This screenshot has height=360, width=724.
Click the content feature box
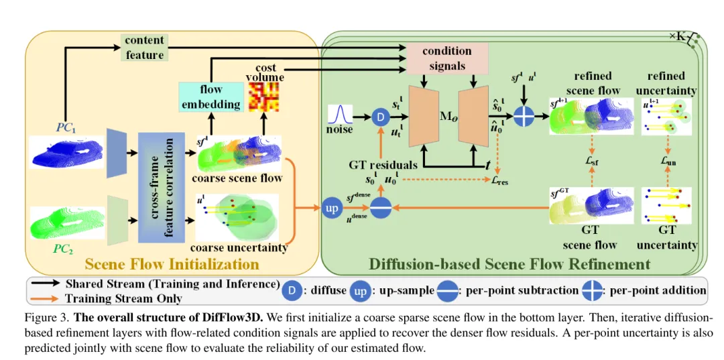tap(145, 47)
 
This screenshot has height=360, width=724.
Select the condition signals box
tap(446, 58)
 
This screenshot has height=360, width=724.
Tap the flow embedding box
tap(211, 97)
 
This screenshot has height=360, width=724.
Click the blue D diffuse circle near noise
tap(381, 117)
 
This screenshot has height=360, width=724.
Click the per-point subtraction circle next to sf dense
tap(380, 208)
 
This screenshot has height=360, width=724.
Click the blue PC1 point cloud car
tap(67, 152)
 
